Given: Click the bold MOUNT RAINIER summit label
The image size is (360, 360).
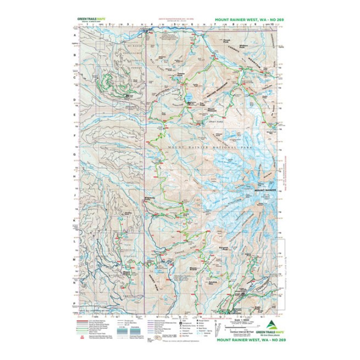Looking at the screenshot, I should click(x=265, y=190).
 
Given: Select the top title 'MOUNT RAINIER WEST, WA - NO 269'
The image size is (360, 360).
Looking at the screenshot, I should click(x=248, y=20).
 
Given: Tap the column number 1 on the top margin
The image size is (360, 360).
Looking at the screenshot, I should click(x=87, y=23).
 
